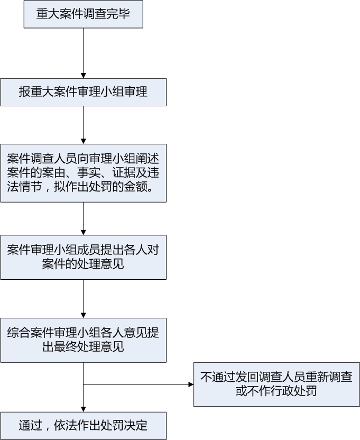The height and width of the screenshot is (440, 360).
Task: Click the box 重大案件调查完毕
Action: (83, 14)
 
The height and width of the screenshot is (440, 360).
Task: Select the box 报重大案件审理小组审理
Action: (83, 92)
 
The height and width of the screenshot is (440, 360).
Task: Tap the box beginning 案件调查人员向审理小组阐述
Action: (83, 173)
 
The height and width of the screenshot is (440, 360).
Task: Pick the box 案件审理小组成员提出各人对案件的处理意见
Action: (83, 257)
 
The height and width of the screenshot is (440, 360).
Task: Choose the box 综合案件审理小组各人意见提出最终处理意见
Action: (83, 340)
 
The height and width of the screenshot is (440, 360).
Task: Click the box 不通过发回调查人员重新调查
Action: (276, 384)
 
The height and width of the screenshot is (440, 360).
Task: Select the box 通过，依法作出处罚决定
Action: (83, 425)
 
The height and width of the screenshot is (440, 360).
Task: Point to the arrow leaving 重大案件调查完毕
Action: (83, 53)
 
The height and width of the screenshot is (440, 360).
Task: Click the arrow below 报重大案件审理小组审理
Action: (83, 125)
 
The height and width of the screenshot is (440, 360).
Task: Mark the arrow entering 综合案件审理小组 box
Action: (83, 299)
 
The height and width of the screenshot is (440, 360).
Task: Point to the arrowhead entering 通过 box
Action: (83, 409)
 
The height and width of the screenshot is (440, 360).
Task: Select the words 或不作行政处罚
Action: (276, 392)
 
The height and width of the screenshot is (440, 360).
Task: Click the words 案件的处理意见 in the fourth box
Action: (83, 264)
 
